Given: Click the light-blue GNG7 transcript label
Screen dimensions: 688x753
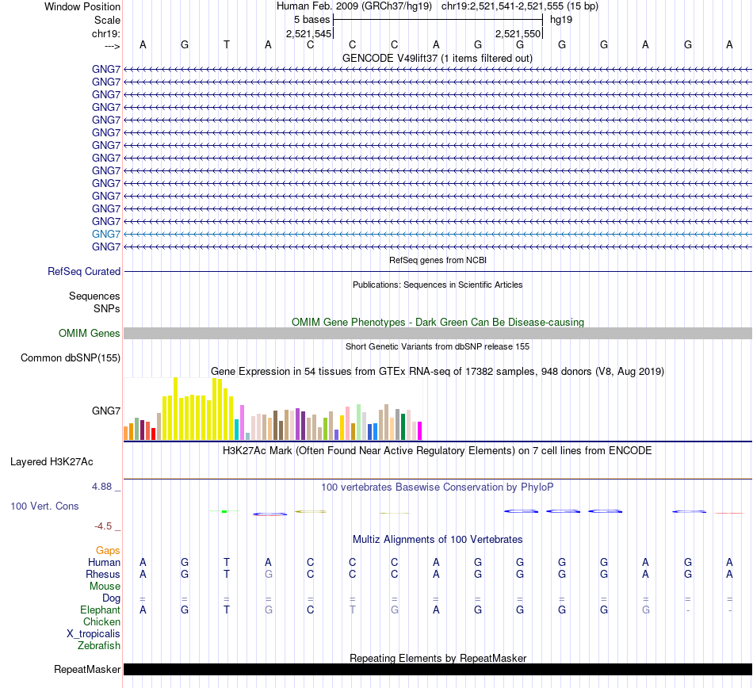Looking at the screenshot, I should pos(106,234).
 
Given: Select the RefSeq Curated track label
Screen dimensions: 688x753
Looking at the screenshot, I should pos(84,271).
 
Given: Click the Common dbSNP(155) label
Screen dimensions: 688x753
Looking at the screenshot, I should pos(71,357).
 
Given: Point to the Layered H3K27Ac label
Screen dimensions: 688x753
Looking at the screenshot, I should pos(63,461).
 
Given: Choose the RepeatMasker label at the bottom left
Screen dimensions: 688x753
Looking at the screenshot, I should pos(87,669).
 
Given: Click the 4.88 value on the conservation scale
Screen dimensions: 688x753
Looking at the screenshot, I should pos(105,486).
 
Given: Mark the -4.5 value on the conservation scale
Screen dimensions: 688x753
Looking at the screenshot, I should pos(105,526).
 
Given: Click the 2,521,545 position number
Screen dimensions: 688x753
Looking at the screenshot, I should pos(308,33).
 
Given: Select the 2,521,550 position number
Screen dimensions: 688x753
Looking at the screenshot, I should pos(518,33).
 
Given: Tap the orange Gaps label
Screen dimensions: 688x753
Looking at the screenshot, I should pos(108,550).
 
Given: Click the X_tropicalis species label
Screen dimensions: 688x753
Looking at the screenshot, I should pos(94,634).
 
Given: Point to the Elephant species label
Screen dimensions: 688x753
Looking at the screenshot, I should pos(100,610).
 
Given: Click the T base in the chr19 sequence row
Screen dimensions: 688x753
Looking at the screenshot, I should pos(227,44).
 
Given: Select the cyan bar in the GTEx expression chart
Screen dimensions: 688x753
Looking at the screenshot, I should pos(237,429).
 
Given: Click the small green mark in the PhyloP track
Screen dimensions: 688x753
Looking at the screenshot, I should pos(224,511).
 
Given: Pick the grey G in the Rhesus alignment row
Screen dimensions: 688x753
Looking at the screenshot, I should pos(269,574).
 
